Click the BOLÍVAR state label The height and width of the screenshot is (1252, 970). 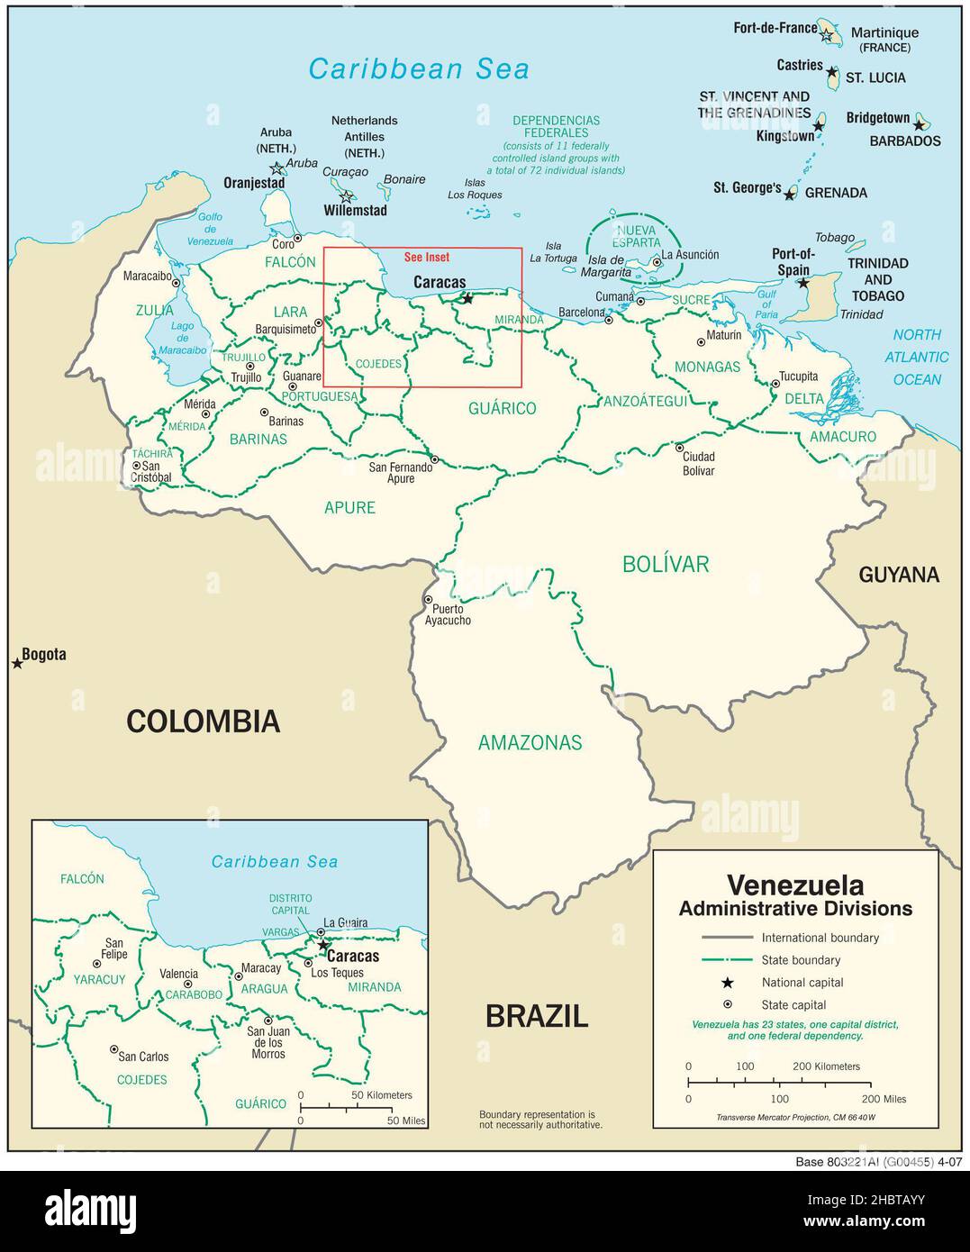pyautogui.click(x=666, y=564)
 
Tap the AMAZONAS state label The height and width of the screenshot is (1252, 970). pyautogui.click(x=530, y=742)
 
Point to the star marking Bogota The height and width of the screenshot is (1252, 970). pyautogui.click(x=17, y=664)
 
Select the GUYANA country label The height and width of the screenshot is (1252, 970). pyautogui.click(x=898, y=575)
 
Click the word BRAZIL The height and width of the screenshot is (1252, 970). pyautogui.click(x=537, y=1016)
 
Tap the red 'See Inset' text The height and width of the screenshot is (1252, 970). pyautogui.click(x=427, y=258)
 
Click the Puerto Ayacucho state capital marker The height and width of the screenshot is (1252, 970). pyautogui.click(x=428, y=600)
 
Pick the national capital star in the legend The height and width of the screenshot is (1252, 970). pyautogui.click(x=727, y=983)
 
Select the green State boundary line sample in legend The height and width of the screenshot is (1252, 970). pyautogui.click(x=726, y=960)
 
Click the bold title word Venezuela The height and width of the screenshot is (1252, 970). pyautogui.click(x=794, y=885)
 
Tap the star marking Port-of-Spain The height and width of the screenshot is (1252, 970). pyautogui.click(x=803, y=283)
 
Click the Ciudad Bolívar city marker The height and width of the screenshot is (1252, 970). pyautogui.click(x=679, y=448)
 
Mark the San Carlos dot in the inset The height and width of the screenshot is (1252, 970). pyautogui.click(x=113, y=1049)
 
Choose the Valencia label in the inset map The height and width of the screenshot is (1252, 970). pyautogui.click(x=178, y=974)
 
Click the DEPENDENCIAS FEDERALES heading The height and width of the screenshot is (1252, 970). pyautogui.click(x=556, y=126)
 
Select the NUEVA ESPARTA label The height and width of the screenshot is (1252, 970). pyautogui.click(x=637, y=236)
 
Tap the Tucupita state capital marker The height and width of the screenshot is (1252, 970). pyautogui.click(x=775, y=384)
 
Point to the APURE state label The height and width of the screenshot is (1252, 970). pyautogui.click(x=349, y=507)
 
